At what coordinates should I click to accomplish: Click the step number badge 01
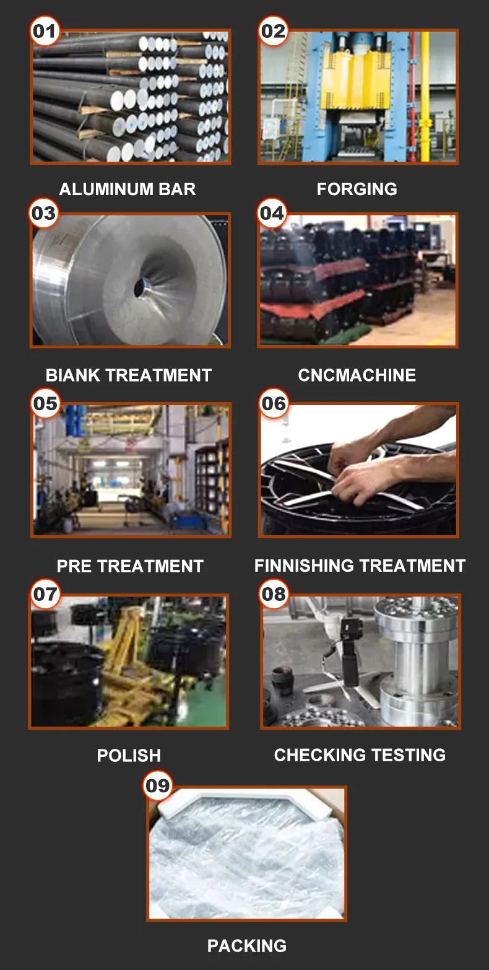click(45, 31)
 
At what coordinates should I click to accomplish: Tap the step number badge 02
click(273, 31)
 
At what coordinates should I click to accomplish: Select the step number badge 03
click(44, 212)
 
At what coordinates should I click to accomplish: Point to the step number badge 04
click(272, 212)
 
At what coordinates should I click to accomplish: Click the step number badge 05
click(45, 403)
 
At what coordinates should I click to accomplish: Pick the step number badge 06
click(274, 403)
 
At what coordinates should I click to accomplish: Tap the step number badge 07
click(45, 593)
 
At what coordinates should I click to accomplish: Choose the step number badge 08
click(274, 593)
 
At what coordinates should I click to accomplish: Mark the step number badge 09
click(157, 785)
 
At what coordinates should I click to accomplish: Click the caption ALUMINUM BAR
click(128, 190)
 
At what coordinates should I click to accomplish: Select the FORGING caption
click(357, 190)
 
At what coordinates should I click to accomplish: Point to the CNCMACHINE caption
click(357, 375)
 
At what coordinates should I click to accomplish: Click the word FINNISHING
click(305, 566)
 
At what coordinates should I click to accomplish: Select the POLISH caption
click(129, 756)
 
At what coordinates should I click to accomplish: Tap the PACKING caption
click(247, 946)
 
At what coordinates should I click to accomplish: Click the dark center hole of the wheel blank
click(141, 287)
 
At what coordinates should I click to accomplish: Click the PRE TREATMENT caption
click(130, 566)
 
